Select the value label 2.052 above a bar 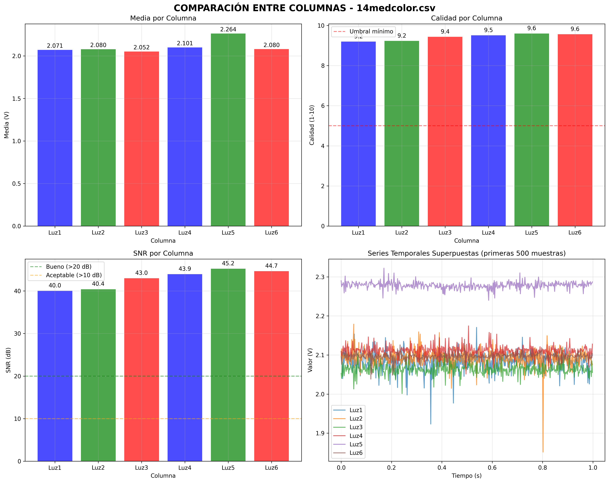[142, 47]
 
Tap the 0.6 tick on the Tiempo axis [492, 468]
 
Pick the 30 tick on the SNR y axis [18, 333]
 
